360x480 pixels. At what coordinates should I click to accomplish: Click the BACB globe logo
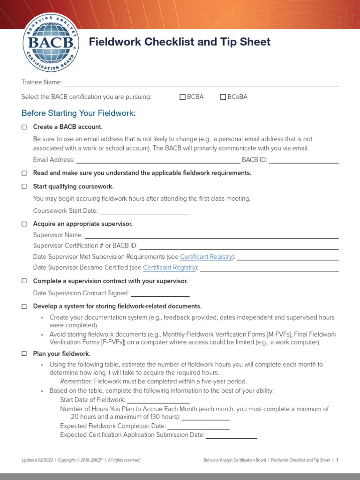[x=51, y=42]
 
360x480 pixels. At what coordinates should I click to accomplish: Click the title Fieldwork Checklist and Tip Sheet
[x=180, y=42]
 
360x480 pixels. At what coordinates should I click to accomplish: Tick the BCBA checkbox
[x=183, y=97]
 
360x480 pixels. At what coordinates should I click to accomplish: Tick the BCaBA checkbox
[x=223, y=97]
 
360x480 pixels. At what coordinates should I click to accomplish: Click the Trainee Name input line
[x=201, y=83]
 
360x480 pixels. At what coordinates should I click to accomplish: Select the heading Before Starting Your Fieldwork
[x=78, y=113]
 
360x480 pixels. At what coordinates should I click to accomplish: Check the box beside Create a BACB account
[x=24, y=127]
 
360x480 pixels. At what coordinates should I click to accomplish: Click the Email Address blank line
[x=158, y=160]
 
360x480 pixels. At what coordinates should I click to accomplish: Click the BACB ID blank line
[x=304, y=160]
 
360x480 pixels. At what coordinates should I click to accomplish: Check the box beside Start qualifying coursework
[x=24, y=187]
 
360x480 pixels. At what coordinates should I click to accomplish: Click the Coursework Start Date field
[x=144, y=211]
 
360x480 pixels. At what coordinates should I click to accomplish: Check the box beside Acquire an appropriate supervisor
[x=24, y=224]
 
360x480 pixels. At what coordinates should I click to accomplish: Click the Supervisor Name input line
[x=211, y=235]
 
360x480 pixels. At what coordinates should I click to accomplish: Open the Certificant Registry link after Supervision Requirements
[x=206, y=257]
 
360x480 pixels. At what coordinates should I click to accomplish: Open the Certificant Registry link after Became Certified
[x=169, y=268]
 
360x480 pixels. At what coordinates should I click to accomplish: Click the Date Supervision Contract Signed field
[x=160, y=293]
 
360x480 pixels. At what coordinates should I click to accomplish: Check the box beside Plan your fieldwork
[x=24, y=354]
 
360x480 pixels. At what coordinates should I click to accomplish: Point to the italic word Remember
[x=76, y=382]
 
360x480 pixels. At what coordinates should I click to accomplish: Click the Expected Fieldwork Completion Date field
[x=198, y=427]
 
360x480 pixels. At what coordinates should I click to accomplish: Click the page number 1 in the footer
[x=337, y=460]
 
